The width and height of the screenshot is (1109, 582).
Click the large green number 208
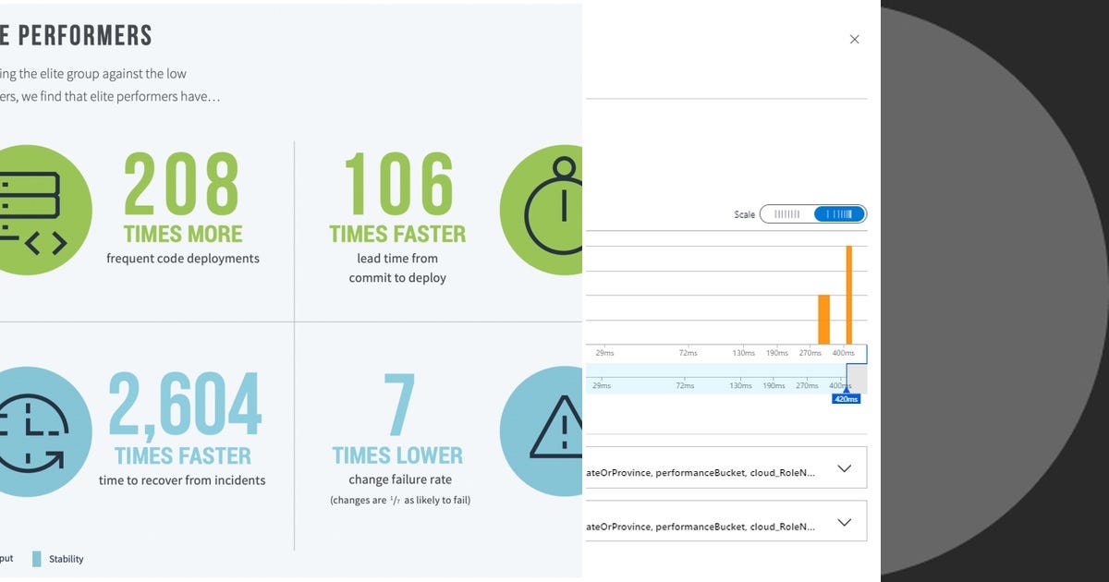pyautogui.click(x=182, y=184)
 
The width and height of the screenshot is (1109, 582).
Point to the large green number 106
pyautogui.click(x=398, y=184)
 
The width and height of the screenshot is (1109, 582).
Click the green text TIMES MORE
pyautogui.click(x=183, y=234)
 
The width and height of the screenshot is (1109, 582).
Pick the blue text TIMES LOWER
pyautogui.click(x=397, y=455)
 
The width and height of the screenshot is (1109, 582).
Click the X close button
pyautogui.click(x=854, y=39)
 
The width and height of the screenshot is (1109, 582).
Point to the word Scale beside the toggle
pyautogui.click(x=745, y=214)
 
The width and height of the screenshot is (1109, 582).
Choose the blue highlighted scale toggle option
pyautogui.click(x=839, y=214)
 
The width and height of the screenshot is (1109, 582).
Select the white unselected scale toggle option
pyautogui.click(x=786, y=214)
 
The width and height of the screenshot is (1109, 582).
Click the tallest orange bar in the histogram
pyautogui.click(x=848, y=294)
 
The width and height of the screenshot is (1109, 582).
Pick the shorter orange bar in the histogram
pyautogui.click(x=823, y=319)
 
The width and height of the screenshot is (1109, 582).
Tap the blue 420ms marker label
pyautogui.click(x=846, y=399)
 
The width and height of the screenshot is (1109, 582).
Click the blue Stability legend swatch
pyautogui.click(x=37, y=559)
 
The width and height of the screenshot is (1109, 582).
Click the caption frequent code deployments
pyautogui.click(x=183, y=259)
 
